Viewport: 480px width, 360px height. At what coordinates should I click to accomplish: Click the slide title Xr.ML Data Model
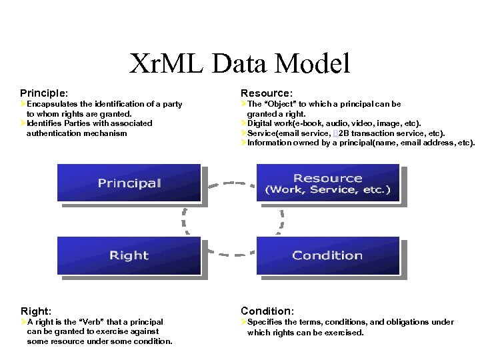pos(239,63)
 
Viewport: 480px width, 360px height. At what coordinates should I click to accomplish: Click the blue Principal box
pos(129,183)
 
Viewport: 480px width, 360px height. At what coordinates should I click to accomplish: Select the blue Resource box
pos(327,183)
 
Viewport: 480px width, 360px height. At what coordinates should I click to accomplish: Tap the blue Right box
pos(129,255)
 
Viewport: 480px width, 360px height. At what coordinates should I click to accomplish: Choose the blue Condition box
pos(327,255)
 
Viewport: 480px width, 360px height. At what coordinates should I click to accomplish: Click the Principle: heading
pos(44,93)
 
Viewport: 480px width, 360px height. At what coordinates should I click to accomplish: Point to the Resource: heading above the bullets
pos(267,93)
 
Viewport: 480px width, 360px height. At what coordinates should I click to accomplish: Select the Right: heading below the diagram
pos(36,311)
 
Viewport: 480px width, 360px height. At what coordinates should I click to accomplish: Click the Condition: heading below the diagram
pos(267,311)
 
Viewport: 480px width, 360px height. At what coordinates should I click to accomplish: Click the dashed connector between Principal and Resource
pos(229,181)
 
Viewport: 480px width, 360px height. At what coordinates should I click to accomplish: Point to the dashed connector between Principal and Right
pos(182,219)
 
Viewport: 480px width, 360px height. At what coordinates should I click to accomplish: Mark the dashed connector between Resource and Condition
pos(281,219)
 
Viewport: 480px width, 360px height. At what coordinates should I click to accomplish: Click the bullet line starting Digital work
pos(333,123)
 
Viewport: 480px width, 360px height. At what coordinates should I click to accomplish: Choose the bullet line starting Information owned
pos(360,143)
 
